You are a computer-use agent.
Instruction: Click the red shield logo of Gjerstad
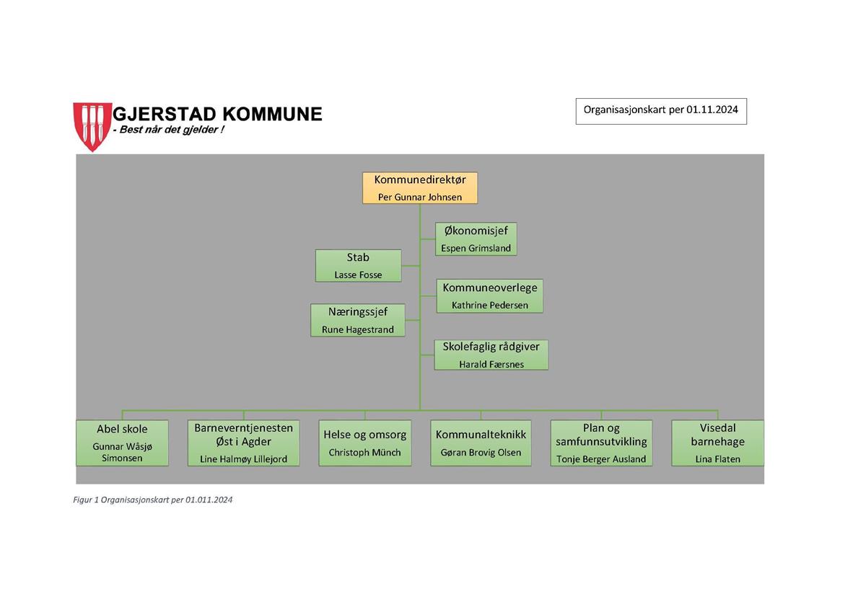coord(92,127)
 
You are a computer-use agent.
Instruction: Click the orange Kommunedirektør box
coord(420,188)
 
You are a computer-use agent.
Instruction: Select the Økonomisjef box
coord(476,239)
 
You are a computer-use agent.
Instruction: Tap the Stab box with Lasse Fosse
coord(358,266)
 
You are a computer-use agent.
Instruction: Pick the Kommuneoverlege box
coord(490,296)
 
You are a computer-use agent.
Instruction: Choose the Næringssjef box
coord(358,320)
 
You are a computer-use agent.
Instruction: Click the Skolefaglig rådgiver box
coord(491,355)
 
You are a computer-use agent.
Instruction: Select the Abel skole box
coord(122,443)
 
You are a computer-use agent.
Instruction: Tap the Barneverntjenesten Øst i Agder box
coord(244,443)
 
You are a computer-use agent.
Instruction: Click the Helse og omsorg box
coord(365,443)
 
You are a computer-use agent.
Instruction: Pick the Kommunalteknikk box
coord(481,443)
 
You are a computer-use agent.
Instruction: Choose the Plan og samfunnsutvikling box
coord(601,443)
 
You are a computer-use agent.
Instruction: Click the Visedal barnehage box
coord(717,443)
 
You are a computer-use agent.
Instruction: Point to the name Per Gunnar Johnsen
coord(420,198)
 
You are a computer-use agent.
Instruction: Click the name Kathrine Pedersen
coord(490,306)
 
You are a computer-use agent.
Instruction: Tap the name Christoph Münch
coord(365,453)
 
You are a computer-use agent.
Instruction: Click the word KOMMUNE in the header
coord(273,115)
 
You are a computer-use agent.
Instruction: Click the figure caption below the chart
coord(153,500)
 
